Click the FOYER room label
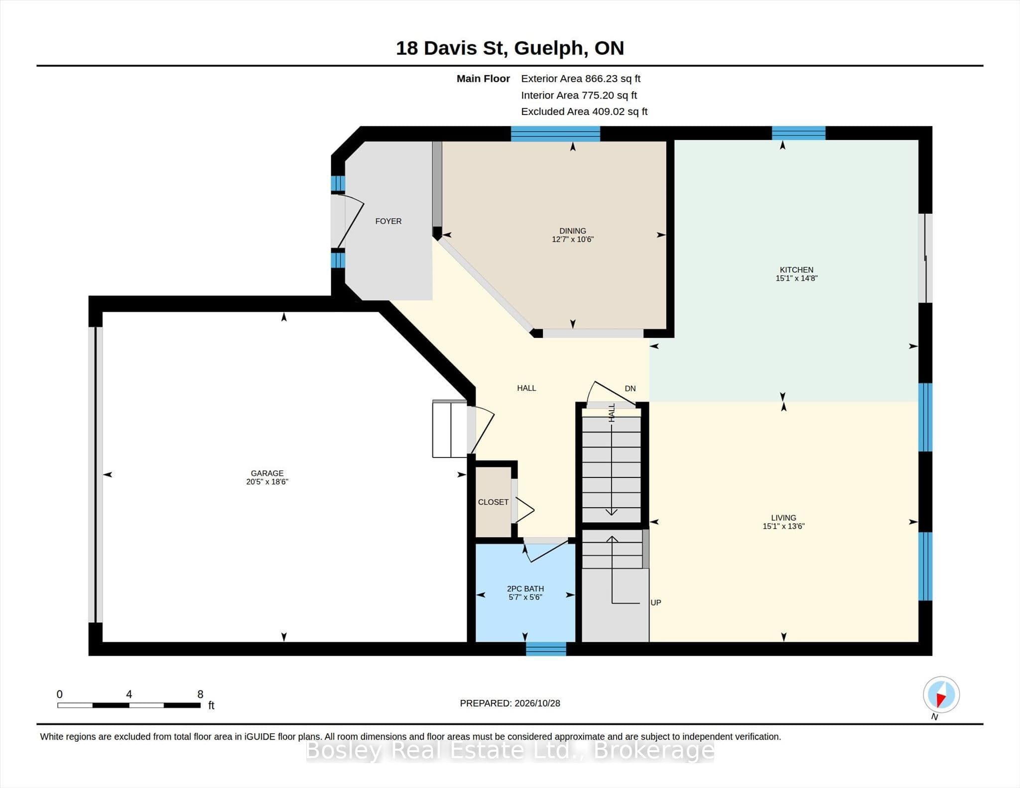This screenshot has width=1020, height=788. tap(388, 221)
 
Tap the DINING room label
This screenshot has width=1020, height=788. tap(572, 231)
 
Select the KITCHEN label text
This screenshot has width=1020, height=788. tap(796, 270)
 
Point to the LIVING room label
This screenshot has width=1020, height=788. tap(783, 518)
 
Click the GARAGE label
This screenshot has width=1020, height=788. tap(267, 473)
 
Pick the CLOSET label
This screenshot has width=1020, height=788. tap(493, 502)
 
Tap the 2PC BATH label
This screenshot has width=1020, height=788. tap(525, 588)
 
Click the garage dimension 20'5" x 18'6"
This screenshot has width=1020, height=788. tap(267, 482)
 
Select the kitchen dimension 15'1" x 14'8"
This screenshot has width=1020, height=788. tap(796, 278)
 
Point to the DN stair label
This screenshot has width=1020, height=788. tap(630, 388)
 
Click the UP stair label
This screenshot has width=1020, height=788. tap(655, 602)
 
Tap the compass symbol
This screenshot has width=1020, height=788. tap(941, 694)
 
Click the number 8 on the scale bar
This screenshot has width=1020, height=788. tap(200, 694)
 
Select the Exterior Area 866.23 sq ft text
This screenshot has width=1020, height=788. tap(580, 79)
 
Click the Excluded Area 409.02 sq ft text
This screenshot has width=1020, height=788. tap(584, 112)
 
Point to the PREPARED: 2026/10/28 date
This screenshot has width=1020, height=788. tap(510, 703)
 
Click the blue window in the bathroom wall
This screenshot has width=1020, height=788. tap(546, 649)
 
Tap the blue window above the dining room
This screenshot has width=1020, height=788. tap(555, 133)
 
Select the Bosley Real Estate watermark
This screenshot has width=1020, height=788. tap(510, 750)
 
